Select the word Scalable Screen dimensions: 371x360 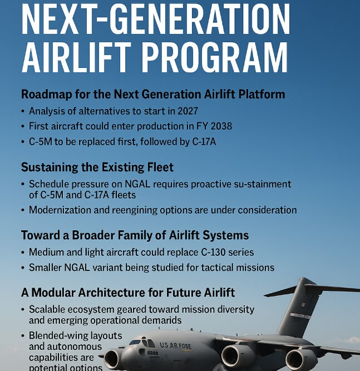coord(49,309)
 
